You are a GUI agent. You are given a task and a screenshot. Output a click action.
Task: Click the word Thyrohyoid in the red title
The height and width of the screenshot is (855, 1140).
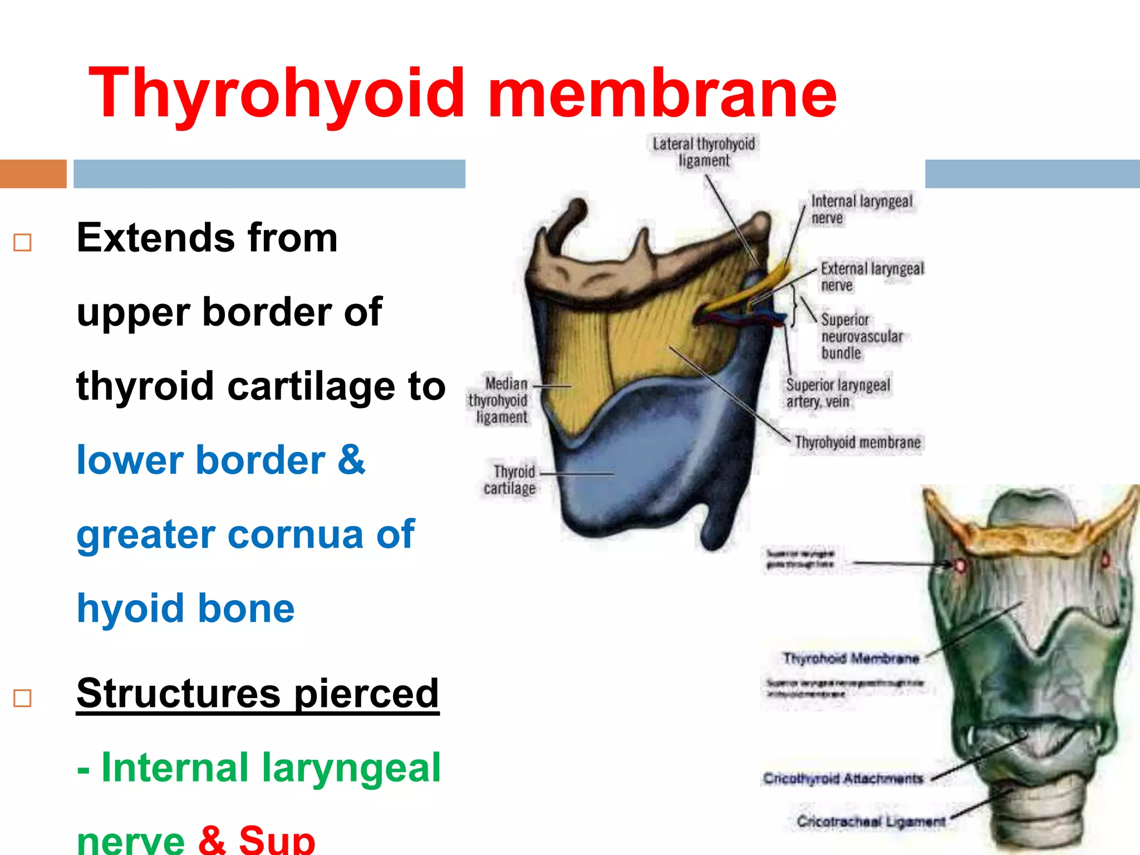[x=277, y=94]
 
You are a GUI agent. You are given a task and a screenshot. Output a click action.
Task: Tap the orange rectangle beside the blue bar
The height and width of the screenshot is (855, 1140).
[x=33, y=174]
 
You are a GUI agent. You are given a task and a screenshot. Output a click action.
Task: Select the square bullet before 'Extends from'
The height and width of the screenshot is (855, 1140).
[x=22, y=243]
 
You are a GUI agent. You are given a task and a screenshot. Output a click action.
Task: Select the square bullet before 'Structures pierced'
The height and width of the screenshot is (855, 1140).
[x=22, y=698]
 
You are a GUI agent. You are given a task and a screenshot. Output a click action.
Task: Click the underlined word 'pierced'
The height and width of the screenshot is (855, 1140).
[x=366, y=694]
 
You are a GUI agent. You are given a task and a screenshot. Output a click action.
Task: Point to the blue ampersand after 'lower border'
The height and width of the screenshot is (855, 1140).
[x=351, y=460]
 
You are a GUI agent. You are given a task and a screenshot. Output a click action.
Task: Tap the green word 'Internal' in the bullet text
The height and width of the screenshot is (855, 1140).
[x=174, y=768]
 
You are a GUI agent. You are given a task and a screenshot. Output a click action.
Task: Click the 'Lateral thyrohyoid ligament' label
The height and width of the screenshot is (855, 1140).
[x=704, y=152]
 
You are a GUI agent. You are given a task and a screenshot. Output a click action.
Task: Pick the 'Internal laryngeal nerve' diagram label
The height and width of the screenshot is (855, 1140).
[x=861, y=209]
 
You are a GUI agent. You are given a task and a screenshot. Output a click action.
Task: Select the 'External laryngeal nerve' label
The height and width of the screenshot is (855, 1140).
[x=872, y=277]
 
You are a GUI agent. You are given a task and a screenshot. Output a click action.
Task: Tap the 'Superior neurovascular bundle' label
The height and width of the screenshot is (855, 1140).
[x=861, y=336]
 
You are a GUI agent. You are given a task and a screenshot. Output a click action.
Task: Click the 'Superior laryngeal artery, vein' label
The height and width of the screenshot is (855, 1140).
[x=838, y=393]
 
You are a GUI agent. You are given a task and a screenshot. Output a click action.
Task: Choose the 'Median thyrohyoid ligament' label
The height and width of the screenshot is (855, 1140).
[x=498, y=400]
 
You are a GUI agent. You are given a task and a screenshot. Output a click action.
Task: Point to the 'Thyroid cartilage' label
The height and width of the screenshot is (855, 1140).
[x=509, y=480]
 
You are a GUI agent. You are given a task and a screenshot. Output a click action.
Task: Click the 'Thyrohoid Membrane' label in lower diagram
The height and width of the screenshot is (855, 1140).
[x=851, y=659]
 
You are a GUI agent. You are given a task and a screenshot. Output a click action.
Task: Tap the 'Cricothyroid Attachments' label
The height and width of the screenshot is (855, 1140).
[x=843, y=778]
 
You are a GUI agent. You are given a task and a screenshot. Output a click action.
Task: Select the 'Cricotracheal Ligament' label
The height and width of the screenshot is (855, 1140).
[x=871, y=822]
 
